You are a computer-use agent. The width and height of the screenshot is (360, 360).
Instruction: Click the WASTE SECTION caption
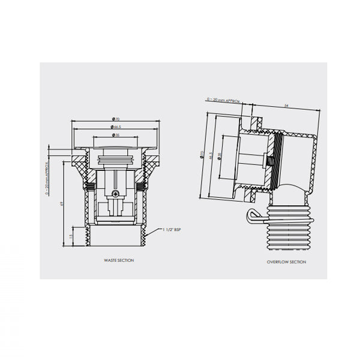point(118,260)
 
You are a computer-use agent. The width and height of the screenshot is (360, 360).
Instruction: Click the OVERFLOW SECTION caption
point(286,262)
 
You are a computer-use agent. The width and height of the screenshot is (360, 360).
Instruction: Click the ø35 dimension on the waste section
point(115,136)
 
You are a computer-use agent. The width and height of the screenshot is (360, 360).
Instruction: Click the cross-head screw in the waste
point(116,194)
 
